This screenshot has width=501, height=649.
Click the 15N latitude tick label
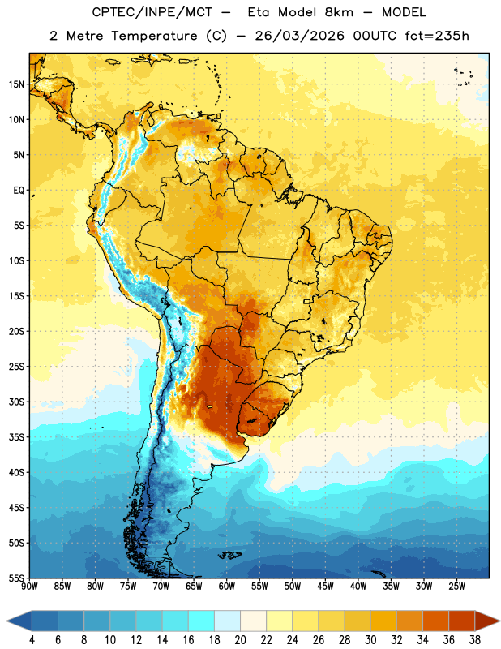16,84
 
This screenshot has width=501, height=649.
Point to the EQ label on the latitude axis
19,191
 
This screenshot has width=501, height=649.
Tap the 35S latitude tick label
16,437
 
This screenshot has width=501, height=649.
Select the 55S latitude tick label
16,578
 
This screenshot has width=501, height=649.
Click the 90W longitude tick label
29,586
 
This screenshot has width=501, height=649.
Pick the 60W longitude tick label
227,586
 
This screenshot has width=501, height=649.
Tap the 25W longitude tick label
456,586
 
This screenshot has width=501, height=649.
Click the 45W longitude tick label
325,586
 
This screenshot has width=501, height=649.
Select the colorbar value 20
240,640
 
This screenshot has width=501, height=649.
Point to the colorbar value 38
475,640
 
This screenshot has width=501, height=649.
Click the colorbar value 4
32,640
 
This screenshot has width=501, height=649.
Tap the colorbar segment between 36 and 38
462,621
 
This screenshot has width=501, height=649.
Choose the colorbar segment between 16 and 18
202,621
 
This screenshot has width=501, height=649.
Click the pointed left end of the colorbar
7,621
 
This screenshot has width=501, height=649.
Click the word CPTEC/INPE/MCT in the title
152,12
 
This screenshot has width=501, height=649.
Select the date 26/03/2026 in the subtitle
299,36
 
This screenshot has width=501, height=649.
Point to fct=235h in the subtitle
437,36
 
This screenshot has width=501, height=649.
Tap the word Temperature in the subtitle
154,36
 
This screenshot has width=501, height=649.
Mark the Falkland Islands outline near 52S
230,555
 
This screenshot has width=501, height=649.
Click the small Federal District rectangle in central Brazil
307,301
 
